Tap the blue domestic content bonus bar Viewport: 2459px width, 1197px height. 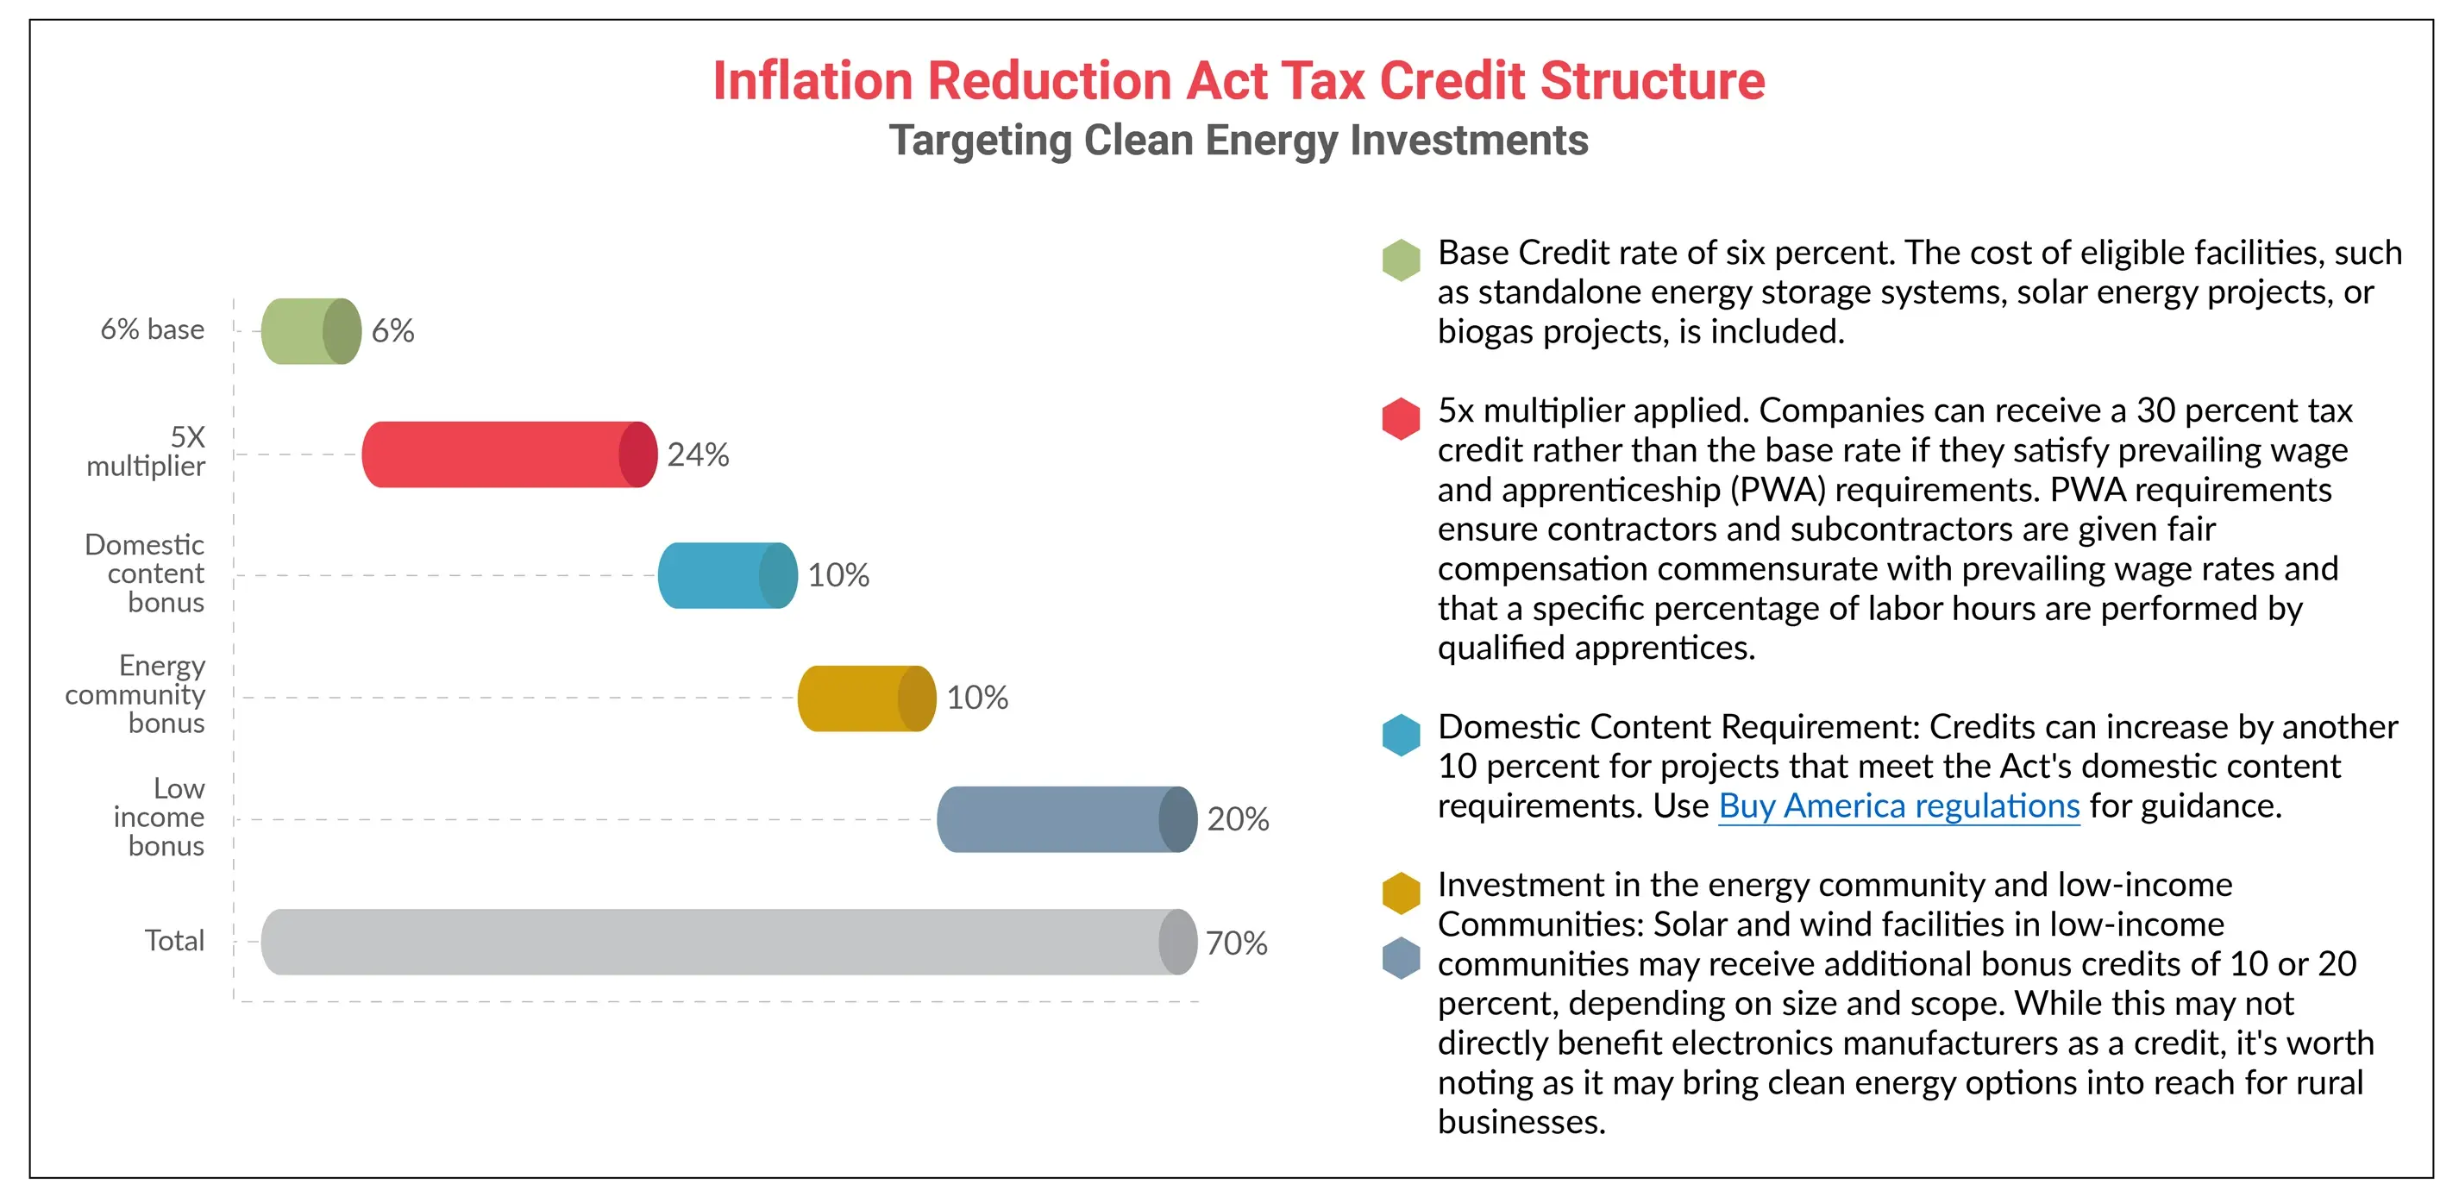(726, 575)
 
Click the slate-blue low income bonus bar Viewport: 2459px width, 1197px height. (1065, 819)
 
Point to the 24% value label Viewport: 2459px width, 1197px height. (698, 454)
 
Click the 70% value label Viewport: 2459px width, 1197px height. (1236, 943)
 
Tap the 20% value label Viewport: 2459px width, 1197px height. (1237, 819)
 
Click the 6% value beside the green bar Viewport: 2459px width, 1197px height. (392, 331)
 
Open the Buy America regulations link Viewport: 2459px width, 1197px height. (1898, 806)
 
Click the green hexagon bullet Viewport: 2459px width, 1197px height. (1401, 260)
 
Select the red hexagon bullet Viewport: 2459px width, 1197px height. (1401, 418)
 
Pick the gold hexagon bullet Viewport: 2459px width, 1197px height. (1401, 893)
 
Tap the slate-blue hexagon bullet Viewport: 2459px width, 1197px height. (1401, 957)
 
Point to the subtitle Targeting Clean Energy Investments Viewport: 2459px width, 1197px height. (1238, 141)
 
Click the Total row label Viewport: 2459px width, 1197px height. (175, 941)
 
